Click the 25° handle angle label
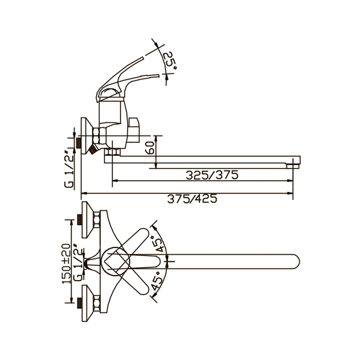point(171,61)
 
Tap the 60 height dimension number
point(150,148)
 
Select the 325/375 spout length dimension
point(212,175)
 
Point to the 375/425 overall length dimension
point(192,199)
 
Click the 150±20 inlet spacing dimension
point(66,264)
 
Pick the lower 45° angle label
point(157,281)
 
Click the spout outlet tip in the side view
point(293,166)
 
